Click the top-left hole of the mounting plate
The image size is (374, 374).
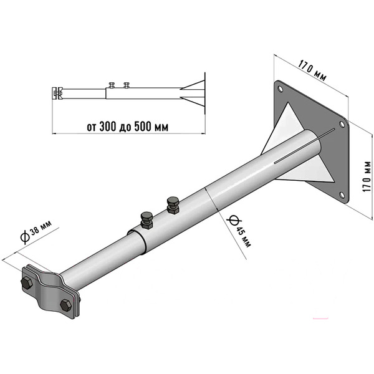(x=280, y=89)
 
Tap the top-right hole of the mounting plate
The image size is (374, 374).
(x=342, y=124)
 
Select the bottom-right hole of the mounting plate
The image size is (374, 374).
(x=342, y=195)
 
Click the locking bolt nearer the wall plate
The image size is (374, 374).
(x=173, y=205)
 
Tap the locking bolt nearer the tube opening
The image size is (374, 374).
(x=146, y=220)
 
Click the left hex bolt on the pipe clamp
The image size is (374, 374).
(x=26, y=283)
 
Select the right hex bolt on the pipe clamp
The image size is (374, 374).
(x=66, y=305)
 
